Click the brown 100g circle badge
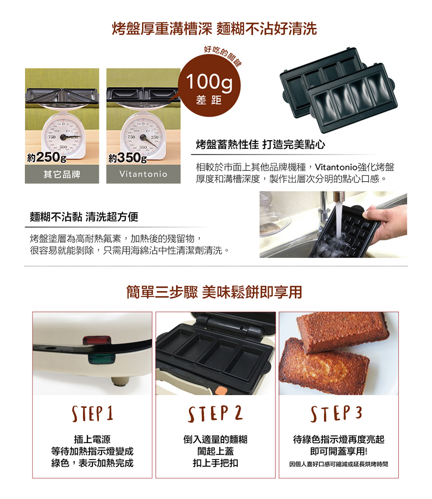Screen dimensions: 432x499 click(x=209, y=85)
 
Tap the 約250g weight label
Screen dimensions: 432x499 click(x=47, y=157)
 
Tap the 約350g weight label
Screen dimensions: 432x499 click(x=128, y=157)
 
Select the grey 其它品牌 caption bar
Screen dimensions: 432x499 click(x=62, y=174)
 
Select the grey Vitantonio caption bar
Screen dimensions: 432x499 click(x=143, y=174)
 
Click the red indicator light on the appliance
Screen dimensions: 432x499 click(x=97, y=340)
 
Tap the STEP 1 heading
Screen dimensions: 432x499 click(x=92, y=414)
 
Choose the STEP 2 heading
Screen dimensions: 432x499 click(x=216, y=413)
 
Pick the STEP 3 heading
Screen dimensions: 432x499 click(x=337, y=413)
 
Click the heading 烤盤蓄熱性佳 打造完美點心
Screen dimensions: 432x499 click(x=260, y=145)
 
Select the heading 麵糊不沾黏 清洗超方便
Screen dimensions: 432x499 click(x=84, y=217)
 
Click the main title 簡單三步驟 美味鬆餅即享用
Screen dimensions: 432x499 click(x=214, y=292)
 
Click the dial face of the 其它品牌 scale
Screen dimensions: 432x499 click(x=63, y=137)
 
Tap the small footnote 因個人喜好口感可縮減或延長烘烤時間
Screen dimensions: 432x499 click(x=339, y=464)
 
